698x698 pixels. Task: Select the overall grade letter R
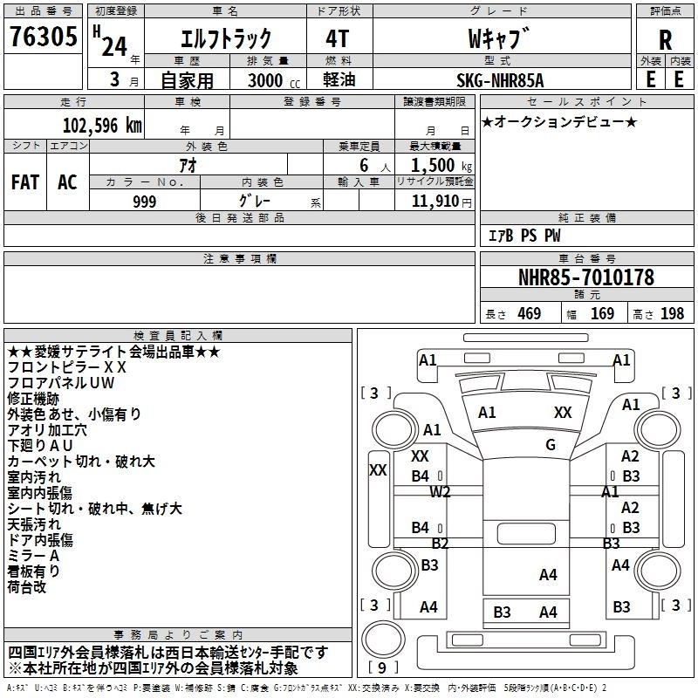(x=665, y=39)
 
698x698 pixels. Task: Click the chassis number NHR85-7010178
(x=585, y=277)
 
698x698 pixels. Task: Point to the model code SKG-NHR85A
(x=501, y=80)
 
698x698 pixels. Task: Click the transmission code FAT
(x=24, y=181)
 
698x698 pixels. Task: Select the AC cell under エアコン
(x=67, y=181)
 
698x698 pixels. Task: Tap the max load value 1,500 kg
(x=435, y=166)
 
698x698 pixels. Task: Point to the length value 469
(x=529, y=314)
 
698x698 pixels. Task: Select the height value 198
(x=672, y=314)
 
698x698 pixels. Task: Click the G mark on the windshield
(x=551, y=445)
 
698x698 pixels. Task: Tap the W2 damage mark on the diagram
(x=441, y=492)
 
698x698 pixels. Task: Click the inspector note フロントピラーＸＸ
(x=67, y=367)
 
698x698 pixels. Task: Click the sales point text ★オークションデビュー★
(x=559, y=122)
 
